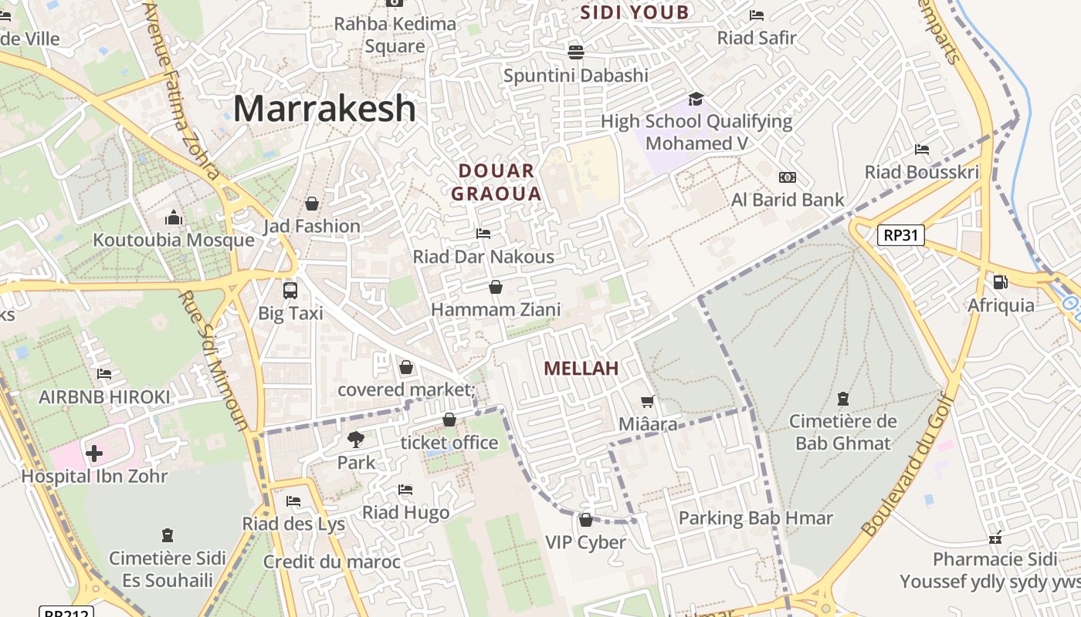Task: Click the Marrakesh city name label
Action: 324,109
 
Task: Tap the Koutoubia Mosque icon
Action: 174,218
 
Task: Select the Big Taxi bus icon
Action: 290,291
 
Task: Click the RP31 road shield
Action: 900,235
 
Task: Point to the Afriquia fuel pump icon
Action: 1000,283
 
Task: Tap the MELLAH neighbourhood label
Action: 581,369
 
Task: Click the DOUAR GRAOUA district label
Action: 496,183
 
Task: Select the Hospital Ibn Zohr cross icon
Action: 94,453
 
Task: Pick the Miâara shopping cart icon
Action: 648,402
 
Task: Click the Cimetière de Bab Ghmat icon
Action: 842,400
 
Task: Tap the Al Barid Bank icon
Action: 788,177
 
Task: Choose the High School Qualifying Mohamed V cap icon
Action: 696,99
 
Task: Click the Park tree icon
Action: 356,440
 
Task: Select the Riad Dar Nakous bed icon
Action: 483,234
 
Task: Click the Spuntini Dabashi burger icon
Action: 575,52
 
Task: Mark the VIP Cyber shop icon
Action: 585,520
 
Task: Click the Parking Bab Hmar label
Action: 755,518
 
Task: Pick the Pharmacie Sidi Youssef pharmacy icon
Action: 995,538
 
